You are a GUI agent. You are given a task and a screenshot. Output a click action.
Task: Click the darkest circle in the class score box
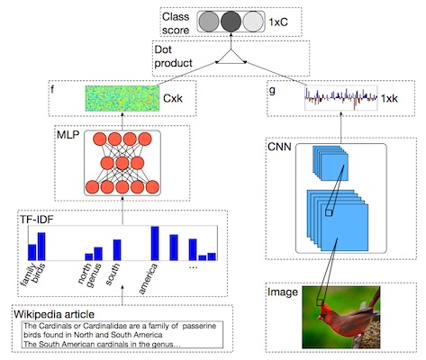(x=231, y=22)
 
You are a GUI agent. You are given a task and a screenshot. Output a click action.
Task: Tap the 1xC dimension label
(x=278, y=22)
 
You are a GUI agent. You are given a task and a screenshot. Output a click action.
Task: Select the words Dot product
(x=173, y=56)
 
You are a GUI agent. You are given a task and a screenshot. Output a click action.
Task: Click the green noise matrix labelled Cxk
(x=122, y=98)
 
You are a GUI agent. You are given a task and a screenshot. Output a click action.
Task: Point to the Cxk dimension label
(x=173, y=98)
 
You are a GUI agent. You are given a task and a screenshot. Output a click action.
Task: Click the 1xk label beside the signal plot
(x=389, y=98)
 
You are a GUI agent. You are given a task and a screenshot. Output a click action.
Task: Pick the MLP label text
(x=68, y=135)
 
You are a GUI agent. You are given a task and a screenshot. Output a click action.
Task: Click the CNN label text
(x=279, y=147)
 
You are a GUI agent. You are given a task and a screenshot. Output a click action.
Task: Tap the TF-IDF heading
(x=36, y=220)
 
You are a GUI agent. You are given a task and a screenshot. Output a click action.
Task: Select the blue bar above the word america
(x=155, y=243)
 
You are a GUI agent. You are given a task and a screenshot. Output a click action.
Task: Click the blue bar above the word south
(x=117, y=250)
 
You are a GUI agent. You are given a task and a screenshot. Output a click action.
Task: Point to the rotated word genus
(x=94, y=275)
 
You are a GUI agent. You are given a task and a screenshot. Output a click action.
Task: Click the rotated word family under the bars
(x=29, y=274)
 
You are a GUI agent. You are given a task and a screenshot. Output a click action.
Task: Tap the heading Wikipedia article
(x=54, y=314)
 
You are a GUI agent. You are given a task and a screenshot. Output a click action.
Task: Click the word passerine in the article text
(x=199, y=326)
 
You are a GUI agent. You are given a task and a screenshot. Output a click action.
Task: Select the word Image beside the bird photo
(x=283, y=292)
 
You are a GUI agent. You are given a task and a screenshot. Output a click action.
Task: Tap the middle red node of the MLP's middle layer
(x=122, y=164)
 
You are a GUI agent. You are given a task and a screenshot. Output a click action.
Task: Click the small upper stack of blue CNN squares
(x=331, y=163)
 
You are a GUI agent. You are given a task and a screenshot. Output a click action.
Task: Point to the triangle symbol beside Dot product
(x=231, y=57)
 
